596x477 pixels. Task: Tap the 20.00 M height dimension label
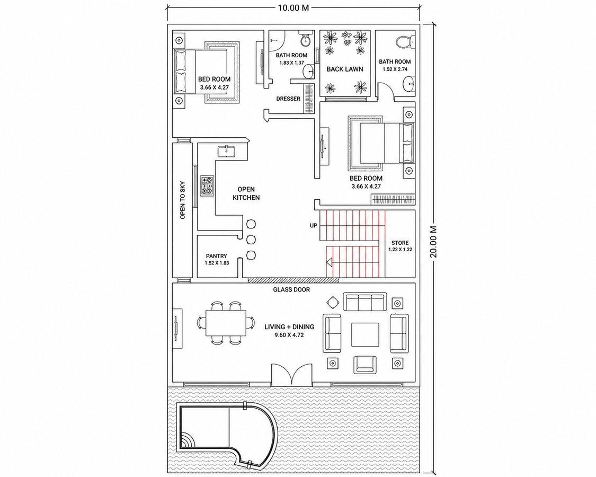(x=434, y=242)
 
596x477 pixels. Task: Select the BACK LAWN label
(x=345, y=69)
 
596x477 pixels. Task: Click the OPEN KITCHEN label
(x=246, y=193)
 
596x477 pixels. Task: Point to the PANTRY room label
(x=217, y=256)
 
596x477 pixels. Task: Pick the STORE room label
(x=400, y=243)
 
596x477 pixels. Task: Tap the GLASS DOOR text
(x=291, y=290)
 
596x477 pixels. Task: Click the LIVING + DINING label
(x=289, y=327)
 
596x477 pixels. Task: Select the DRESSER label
(x=288, y=99)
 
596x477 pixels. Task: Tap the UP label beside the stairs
(x=313, y=226)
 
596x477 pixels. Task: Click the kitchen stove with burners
(x=208, y=185)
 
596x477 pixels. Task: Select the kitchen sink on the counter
(x=227, y=151)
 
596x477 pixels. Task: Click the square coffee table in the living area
(x=365, y=334)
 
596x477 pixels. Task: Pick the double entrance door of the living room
(x=291, y=374)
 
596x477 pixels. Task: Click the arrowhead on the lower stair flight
(x=330, y=262)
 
